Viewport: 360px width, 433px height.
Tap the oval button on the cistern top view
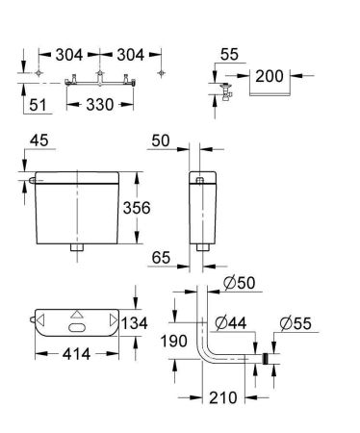point(77,328)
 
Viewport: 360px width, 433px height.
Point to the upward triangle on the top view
point(77,314)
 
